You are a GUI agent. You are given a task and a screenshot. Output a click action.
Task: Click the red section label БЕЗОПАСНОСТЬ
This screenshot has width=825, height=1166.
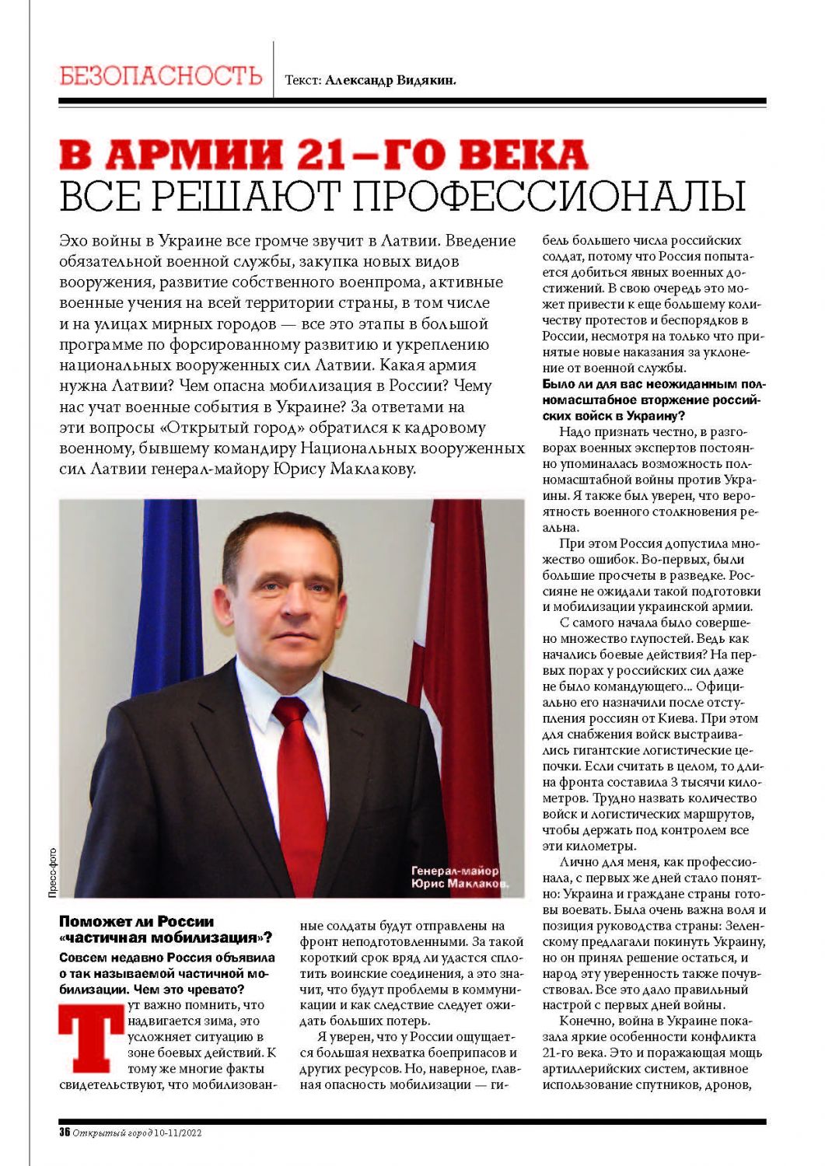coord(161,76)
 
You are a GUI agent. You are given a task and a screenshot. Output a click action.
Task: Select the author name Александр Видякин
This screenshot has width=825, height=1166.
coord(390,80)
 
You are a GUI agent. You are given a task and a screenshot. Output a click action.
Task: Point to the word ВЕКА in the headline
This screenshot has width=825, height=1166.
coord(523,155)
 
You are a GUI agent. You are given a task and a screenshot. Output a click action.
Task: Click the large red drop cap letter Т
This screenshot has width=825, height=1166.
coord(91,1040)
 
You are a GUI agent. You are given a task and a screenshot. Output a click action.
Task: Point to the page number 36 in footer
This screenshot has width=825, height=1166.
coord(65,1133)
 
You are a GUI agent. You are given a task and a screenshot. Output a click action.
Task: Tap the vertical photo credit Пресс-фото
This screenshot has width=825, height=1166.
coord(52,872)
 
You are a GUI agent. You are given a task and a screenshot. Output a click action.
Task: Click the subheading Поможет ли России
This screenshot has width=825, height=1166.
coord(136,921)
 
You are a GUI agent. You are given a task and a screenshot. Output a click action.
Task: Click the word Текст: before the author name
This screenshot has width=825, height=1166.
coord(303,80)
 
